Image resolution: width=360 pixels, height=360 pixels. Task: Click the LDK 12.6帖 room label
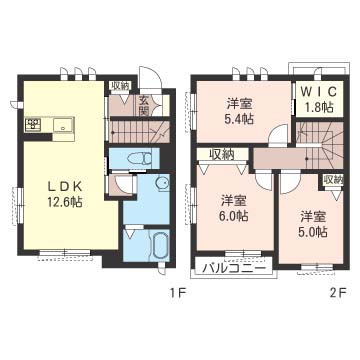pyautogui.click(x=65, y=194)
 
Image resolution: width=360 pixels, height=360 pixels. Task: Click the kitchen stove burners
pyautogui.click(x=33, y=124)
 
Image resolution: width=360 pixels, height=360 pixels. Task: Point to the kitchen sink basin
pyautogui.click(x=63, y=126)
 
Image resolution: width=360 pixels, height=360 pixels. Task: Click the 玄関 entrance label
pyautogui.click(x=144, y=105)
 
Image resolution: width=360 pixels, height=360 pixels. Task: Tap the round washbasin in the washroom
pyautogui.click(x=163, y=183)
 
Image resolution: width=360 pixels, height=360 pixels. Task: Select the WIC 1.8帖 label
pyautogui.click(x=320, y=98)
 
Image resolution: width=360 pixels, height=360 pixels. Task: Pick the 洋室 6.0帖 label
pyautogui.click(x=234, y=209)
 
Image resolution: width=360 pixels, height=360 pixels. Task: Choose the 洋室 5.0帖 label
pyautogui.click(x=314, y=224)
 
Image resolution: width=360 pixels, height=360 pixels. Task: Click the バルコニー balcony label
pyautogui.click(x=234, y=268)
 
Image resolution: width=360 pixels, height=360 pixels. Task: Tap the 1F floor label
pyautogui.click(x=177, y=293)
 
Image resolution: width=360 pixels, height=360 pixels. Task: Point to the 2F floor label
pyautogui.click(x=339, y=293)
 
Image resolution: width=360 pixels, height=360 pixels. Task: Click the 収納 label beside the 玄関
pyautogui.click(x=120, y=86)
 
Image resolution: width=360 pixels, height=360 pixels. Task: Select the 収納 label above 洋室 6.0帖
pyautogui.click(x=222, y=154)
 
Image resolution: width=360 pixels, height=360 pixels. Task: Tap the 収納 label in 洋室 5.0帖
pyautogui.click(x=333, y=180)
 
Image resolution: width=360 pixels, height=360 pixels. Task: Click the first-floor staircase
pyautogui.click(x=139, y=132)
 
